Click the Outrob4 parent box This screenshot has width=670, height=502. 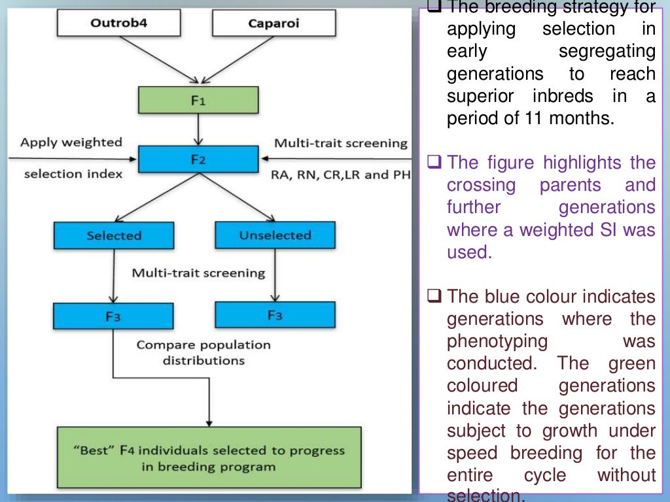[x=118, y=24]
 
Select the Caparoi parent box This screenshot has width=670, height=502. [x=274, y=24]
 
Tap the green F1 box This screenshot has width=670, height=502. [x=198, y=101]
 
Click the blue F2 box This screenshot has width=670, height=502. [x=198, y=159]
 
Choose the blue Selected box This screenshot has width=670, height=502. [x=114, y=235]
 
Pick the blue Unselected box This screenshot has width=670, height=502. [x=274, y=235]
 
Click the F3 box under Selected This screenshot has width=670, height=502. [x=114, y=317]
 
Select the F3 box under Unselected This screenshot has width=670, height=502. [x=275, y=314]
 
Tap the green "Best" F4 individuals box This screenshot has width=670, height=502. [x=209, y=458]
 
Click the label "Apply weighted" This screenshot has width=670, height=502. [x=71, y=142]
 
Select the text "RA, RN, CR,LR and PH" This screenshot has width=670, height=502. [x=340, y=175]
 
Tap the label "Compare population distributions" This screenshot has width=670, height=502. [x=203, y=352]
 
